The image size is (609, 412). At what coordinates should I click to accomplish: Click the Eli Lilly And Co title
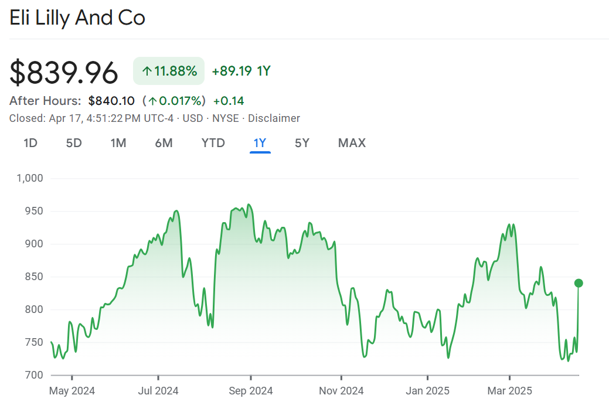tap(77, 18)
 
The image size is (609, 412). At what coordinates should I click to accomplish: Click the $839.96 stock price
tap(64, 73)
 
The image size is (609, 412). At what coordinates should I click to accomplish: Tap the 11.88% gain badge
tap(169, 71)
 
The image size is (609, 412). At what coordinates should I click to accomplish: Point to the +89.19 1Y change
tap(241, 71)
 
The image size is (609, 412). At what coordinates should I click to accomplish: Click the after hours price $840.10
tap(111, 100)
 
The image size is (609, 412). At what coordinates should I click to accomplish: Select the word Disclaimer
tap(274, 118)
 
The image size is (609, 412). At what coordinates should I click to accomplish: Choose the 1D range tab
tap(30, 143)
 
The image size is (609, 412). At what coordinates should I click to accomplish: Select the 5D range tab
tap(74, 143)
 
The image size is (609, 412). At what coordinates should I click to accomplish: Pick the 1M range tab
tap(118, 143)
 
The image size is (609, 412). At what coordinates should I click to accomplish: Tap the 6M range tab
tap(164, 143)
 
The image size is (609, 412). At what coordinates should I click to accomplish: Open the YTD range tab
tap(213, 143)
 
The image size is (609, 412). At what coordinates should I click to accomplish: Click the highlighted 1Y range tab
tap(260, 143)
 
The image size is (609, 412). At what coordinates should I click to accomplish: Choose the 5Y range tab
tap(302, 143)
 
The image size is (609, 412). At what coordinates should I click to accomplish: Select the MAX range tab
tap(352, 143)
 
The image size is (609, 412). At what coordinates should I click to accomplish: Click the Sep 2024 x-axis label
tap(250, 391)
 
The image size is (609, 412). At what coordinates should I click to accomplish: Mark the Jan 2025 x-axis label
tap(428, 391)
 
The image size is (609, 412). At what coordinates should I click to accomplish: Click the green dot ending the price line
tap(579, 283)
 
